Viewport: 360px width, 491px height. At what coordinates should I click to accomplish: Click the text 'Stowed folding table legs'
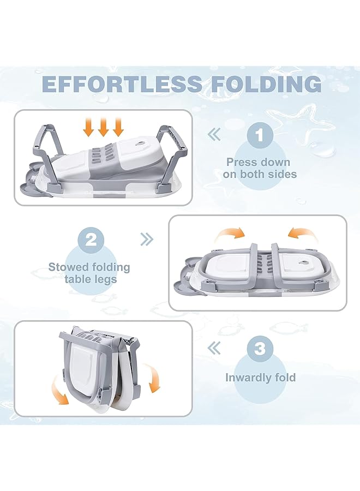(x=89, y=273)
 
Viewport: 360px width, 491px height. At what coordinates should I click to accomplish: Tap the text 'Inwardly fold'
(x=260, y=377)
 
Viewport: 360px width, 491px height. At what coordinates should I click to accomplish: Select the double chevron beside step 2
(x=147, y=239)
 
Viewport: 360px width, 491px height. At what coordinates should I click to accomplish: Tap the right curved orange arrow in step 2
(x=302, y=235)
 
